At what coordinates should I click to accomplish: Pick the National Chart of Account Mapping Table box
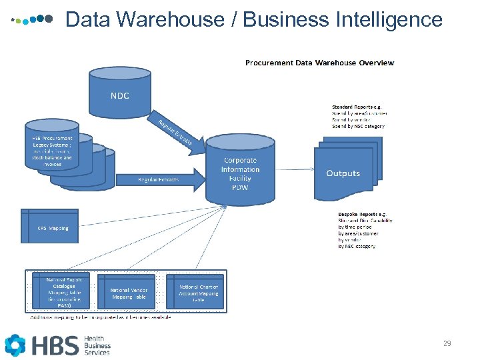[x=198, y=292]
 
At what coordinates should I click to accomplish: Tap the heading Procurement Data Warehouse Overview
[x=319, y=63]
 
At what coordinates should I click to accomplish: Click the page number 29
[x=447, y=344]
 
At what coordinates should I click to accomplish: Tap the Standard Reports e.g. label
[x=357, y=107]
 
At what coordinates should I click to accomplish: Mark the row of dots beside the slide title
[x=33, y=20]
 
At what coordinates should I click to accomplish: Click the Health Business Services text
[x=97, y=345]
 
